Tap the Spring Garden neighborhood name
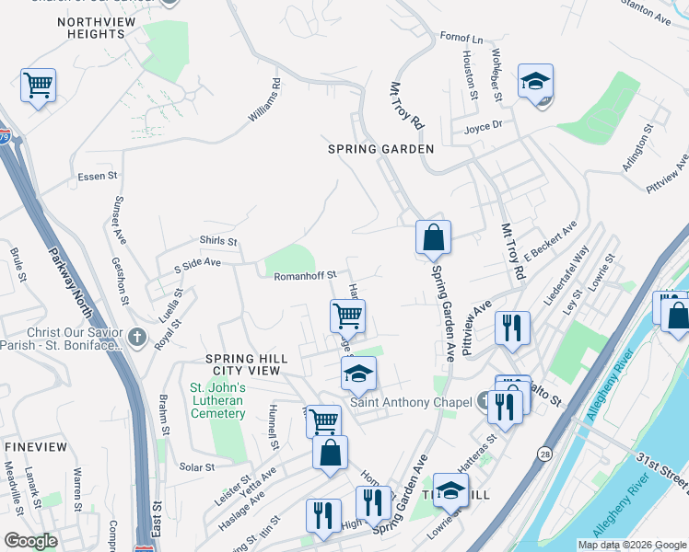tap(381, 148)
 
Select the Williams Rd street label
tap(263, 100)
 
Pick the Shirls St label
tap(218, 242)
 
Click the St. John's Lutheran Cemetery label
tap(217, 400)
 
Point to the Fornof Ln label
tap(461, 40)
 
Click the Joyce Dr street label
tap(483, 126)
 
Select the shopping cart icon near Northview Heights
tap(38, 86)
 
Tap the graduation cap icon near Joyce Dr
tap(535, 81)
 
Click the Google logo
tap(30, 541)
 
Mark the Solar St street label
tap(196, 467)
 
